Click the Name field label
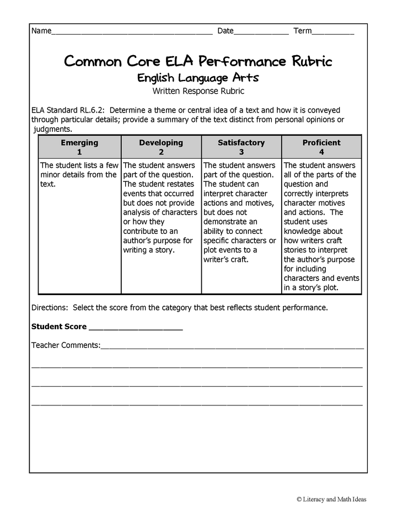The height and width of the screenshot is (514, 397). coord(41,31)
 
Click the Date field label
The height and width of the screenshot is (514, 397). coord(226,31)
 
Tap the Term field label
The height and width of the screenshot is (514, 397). coord(302,31)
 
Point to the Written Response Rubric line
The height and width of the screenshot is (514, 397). coord(198,91)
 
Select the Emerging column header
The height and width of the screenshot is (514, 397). coord(79,142)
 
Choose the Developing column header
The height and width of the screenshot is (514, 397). coord(161,142)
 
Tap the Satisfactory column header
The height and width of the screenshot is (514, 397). coord(241,142)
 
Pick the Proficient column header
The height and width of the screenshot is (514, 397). coord(321,142)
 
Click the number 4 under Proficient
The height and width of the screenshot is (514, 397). coord(321,152)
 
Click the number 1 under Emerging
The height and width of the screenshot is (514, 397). coord(79,152)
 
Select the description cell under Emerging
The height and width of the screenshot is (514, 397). coord(79,175)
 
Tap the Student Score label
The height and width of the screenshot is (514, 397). coord(58,326)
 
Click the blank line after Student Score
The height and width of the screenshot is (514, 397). coord(135,328)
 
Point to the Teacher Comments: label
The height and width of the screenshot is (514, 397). coord(66,345)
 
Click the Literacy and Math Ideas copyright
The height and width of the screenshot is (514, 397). coord(331,499)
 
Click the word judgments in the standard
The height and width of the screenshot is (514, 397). coord(52,129)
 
